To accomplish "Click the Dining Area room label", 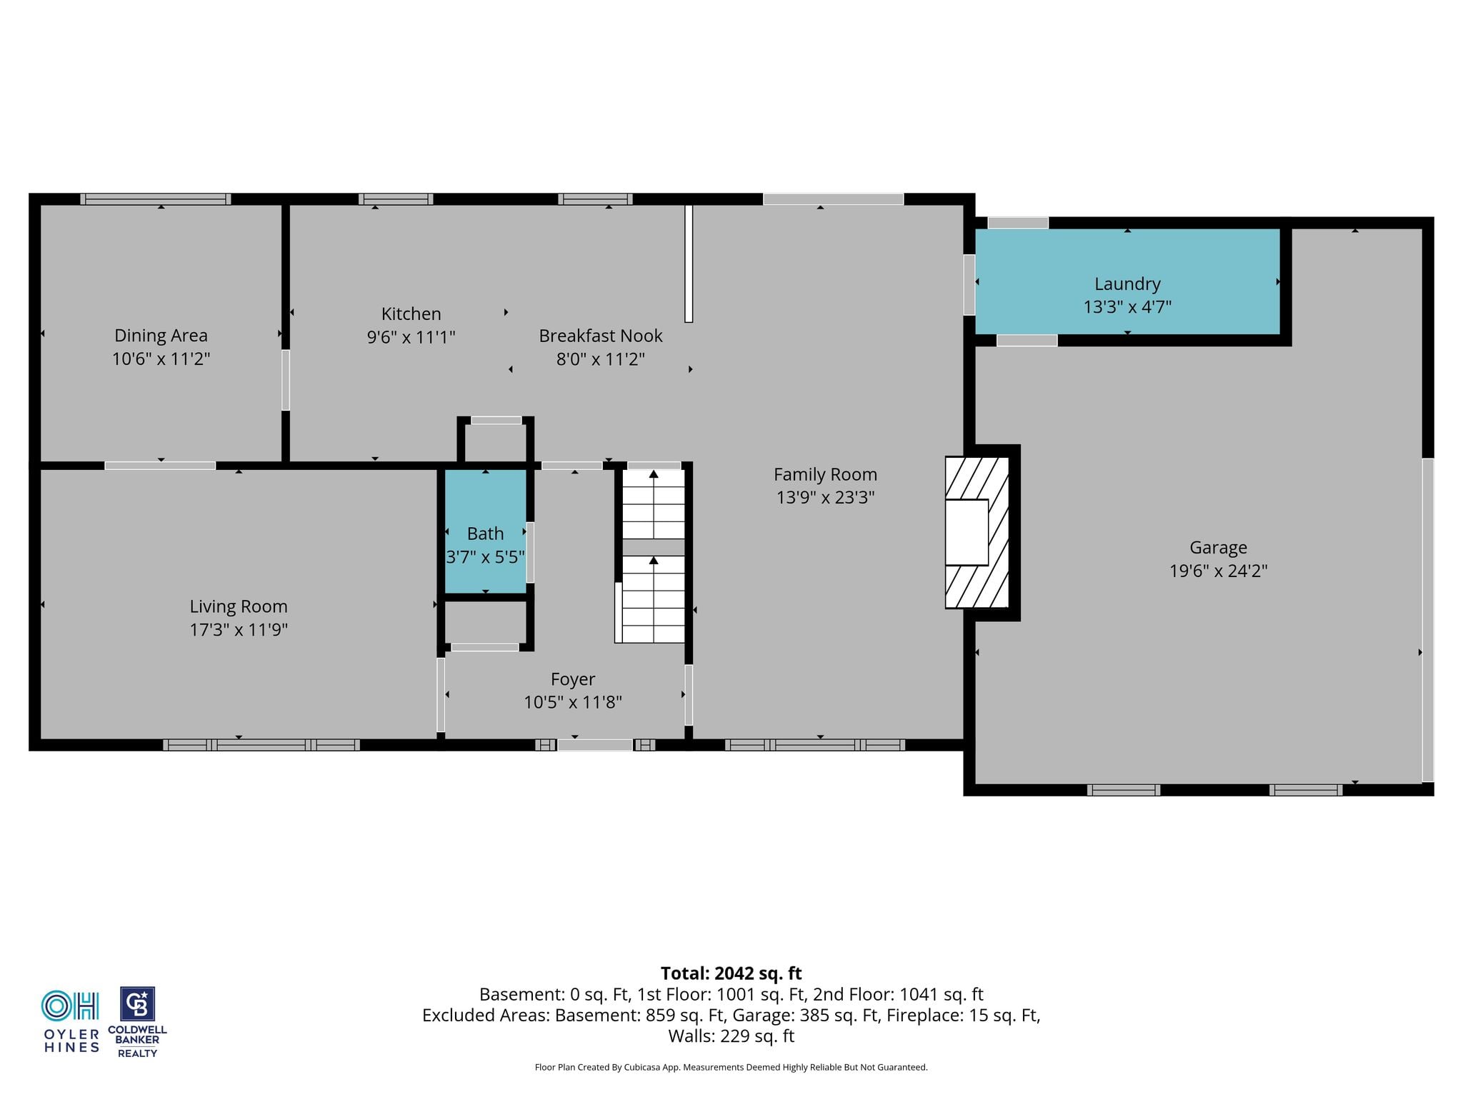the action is click(161, 335).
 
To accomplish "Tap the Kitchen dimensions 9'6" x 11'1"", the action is click(411, 336).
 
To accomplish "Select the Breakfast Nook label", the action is click(601, 336).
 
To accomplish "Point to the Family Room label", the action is click(825, 475).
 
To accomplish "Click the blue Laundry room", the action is click(1127, 281).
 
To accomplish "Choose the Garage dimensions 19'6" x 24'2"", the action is click(1218, 571).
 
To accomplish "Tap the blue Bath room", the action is click(486, 531).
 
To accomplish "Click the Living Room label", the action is click(239, 606).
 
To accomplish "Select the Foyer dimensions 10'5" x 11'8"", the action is click(573, 702).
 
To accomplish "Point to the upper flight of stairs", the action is click(654, 504).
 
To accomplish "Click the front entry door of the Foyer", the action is click(595, 745).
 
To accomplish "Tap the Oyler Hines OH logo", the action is click(70, 1006).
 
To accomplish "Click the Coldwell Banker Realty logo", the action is click(137, 1022).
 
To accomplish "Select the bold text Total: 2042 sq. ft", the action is click(731, 973).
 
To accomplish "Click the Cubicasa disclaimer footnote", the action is click(731, 1067).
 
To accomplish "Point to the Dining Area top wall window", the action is click(155, 199).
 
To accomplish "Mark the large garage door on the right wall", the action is click(1427, 620).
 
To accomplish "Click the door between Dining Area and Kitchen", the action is click(286, 380).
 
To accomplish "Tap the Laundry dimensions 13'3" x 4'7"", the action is click(1127, 306).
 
